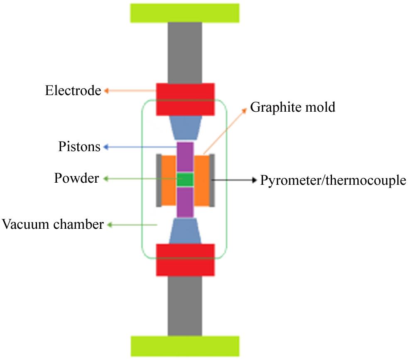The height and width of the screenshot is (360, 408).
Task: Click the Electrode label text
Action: (73, 91)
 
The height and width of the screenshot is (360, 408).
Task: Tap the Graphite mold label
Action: (292, 108)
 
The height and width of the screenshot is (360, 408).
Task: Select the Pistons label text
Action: (79, 147)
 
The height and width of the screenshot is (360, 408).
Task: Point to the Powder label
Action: (76, 179)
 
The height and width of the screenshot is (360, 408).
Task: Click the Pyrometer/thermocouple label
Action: (333, 180)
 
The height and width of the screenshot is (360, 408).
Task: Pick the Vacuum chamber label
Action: (52, 225)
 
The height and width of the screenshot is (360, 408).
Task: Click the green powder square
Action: (185, 180)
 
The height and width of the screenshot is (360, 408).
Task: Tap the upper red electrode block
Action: (185, 99)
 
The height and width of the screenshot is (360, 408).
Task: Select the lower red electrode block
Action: (185, 260)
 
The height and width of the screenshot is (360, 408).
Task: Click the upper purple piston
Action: (185, 157)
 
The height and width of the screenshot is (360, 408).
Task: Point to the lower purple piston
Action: (185, 202)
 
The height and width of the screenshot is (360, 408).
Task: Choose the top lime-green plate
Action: (185, 12)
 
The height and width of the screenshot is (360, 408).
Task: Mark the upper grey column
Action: (185, 52)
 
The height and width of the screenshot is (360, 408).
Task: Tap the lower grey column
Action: (185, 306)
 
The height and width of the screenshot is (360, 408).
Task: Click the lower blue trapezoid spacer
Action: (185, 231)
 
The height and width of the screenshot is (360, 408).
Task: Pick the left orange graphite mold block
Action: (168, 180)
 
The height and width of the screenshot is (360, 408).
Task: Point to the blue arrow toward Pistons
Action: (141, 147)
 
